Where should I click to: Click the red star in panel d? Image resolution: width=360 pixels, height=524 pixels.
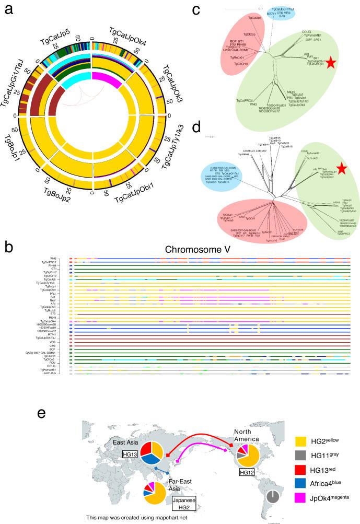click(341, 168)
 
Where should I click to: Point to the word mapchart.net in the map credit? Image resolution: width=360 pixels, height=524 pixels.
click(164, 517)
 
